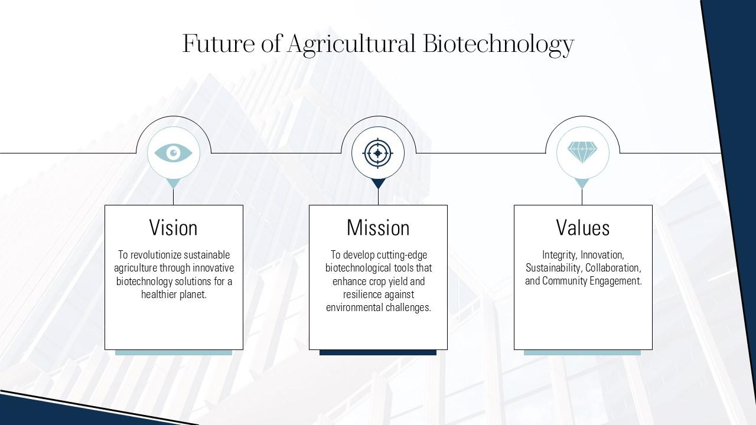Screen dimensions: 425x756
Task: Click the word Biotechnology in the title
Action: point(498,44)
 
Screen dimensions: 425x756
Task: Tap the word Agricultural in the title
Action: point(351,44)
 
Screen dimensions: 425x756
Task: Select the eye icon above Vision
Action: point(173,153)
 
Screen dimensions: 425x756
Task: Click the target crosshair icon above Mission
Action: point(378,153)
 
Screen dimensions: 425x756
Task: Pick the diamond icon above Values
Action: point(582,152)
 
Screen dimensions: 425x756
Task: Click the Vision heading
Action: point(173,228)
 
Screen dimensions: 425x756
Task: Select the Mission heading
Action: point(378,228)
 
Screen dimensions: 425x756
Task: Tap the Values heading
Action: point(582,228)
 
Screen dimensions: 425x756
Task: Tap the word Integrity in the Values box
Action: point(559,255)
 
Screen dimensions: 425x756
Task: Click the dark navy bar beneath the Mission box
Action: point(378,352)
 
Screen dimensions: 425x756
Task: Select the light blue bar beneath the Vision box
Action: point(173,352)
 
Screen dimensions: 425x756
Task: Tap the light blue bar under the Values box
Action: point(582,352)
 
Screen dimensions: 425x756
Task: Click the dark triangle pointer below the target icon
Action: point(378,183)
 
